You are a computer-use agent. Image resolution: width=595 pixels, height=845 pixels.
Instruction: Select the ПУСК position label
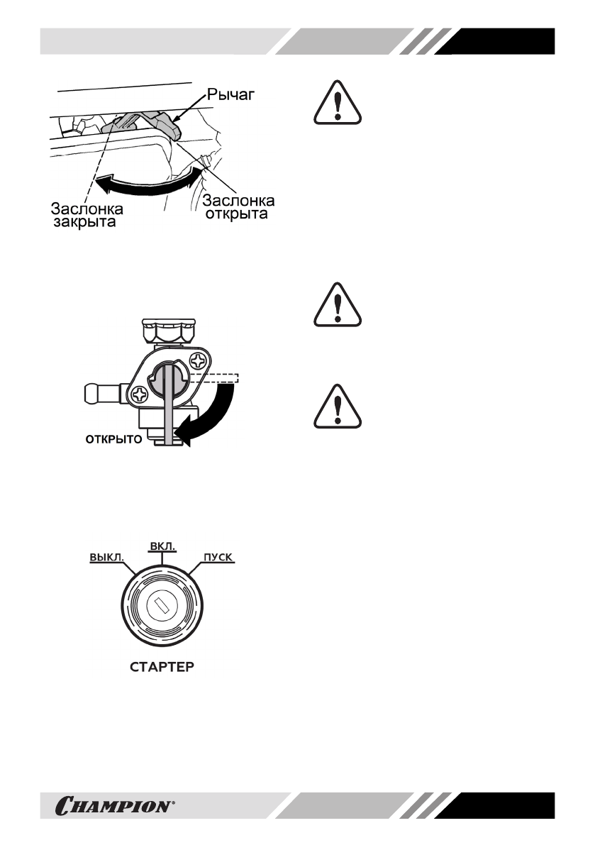pos(218,557)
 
